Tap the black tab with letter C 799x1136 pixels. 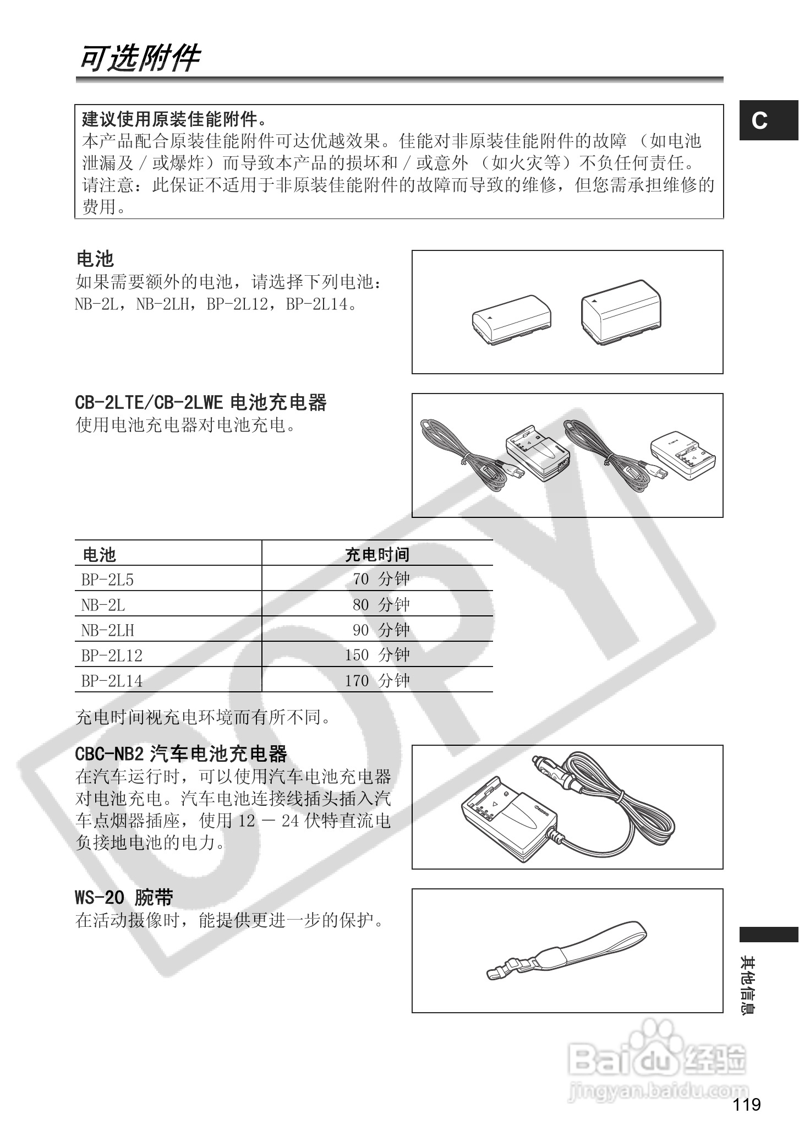pyautogui.click(x=768, y=121)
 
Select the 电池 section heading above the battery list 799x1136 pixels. pyautogui.click(x=95, y=259)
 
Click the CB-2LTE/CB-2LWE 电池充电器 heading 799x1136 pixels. pyautogui.click(x=200, y=403)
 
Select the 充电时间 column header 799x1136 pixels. pyautogui.click(x=377, y=554)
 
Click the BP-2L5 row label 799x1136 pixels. pyautogui.click(x=107, y=579)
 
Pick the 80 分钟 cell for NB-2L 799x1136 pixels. pyautogui.click(x=381, y=605)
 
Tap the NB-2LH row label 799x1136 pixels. pyautogui.click(x=107, y=630)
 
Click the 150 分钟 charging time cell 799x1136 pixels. pyautogui.click(x=377, y=655)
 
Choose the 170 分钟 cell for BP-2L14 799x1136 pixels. pyautogui.click(x=377, y=681)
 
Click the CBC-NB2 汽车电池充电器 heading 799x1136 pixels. pyautogui.click(x=181, y=753)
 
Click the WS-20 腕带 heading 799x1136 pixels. pyautogui.click(x=124, y=898)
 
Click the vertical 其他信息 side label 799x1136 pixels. pyautogui.click(x=748, y=986)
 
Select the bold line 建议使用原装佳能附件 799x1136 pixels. pyautogui.click(x=174, y=118)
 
